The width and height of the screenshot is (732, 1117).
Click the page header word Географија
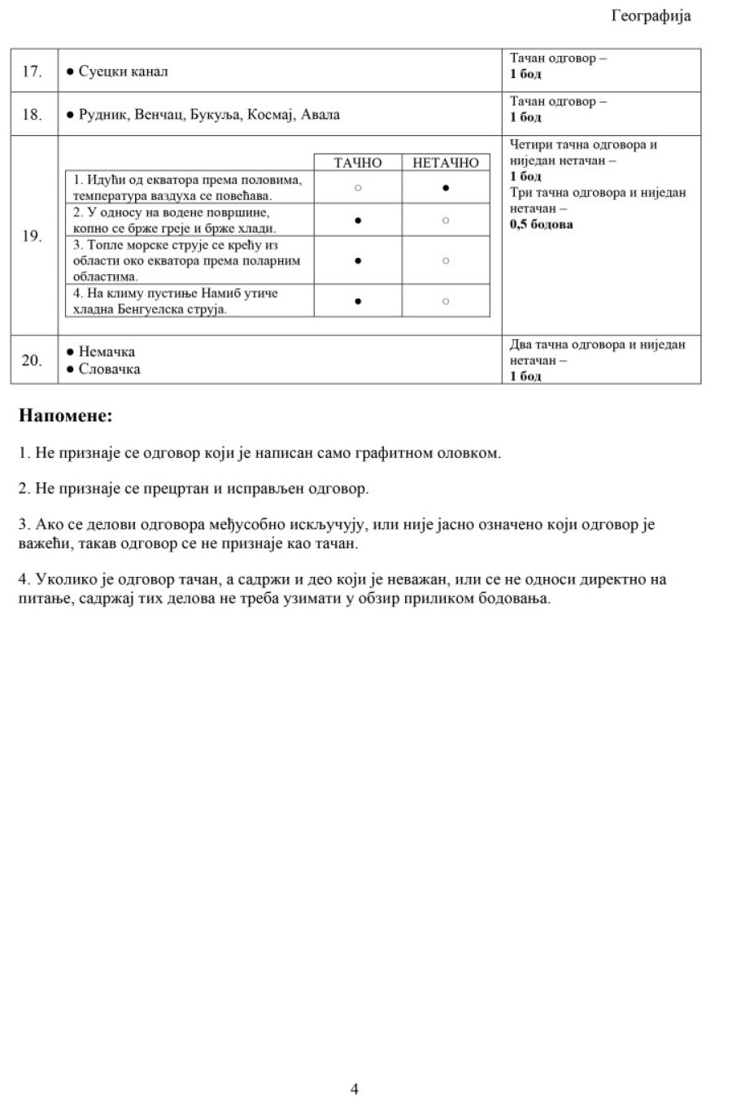[651, 16]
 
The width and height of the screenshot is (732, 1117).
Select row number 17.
[32, 72]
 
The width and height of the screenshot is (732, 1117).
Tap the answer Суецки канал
[123, 72]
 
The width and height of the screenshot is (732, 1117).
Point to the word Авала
[320, 115]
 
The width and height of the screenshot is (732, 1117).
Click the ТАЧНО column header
[358, 163]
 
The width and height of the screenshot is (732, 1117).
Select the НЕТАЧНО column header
[446, 163]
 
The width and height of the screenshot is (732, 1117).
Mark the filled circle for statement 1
[446, 188]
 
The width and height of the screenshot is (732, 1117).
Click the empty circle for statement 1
[358, 188]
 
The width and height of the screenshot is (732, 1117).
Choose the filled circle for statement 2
[358, 220]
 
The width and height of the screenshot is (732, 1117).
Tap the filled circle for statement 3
[358, 261]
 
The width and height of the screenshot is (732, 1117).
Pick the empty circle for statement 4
[446, 301]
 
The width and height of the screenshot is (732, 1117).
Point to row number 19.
[32, 237]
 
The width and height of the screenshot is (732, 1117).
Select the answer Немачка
[107, 352]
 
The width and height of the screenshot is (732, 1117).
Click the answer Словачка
[109, 369]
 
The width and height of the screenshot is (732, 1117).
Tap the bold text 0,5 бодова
[542, 225]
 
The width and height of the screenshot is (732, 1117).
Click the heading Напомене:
[65, 417]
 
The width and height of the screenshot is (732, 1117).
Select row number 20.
[32, 360]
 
